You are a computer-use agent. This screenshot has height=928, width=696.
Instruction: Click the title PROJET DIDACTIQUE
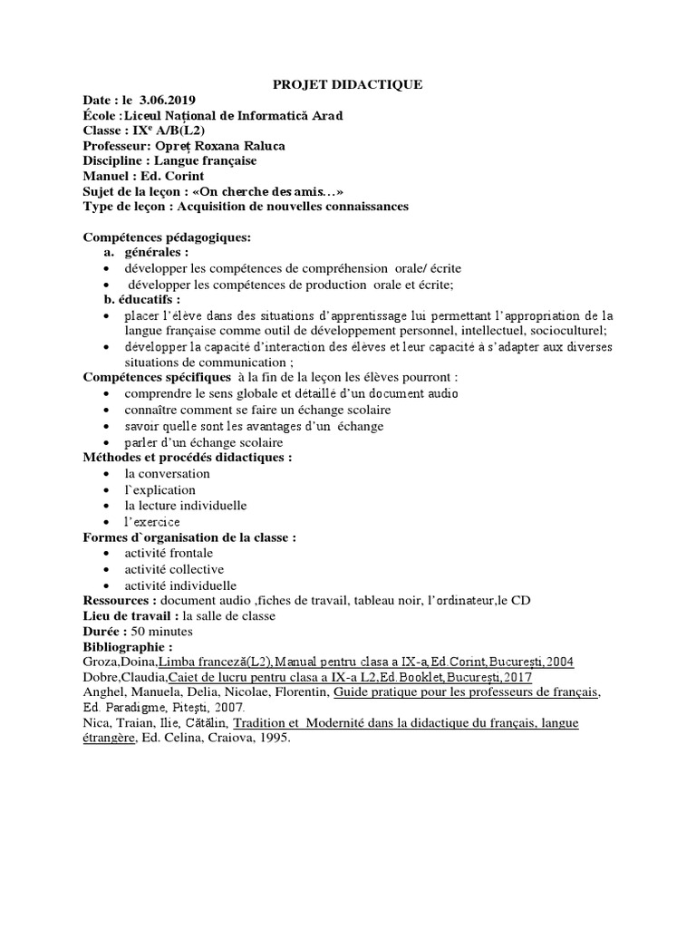(x=348, y=85)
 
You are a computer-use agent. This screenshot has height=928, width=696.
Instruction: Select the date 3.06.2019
(x=168, y=100)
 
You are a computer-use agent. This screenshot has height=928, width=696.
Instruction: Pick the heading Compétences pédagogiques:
(x=167, y=237)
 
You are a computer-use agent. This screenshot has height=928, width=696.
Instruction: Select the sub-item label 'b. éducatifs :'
(x=142, y=299)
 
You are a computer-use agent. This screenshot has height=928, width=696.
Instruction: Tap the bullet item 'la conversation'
(x=167, y=473)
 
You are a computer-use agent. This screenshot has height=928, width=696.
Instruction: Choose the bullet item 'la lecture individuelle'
(x=186, y=505)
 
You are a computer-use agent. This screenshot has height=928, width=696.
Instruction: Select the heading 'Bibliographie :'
(x=128, y=647)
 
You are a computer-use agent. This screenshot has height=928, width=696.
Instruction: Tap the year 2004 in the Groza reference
(x=558, y=662)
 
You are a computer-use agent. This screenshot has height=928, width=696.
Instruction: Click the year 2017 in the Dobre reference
(x=516, y=678)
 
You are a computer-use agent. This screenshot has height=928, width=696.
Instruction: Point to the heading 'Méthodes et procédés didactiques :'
(x=188, y=458)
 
